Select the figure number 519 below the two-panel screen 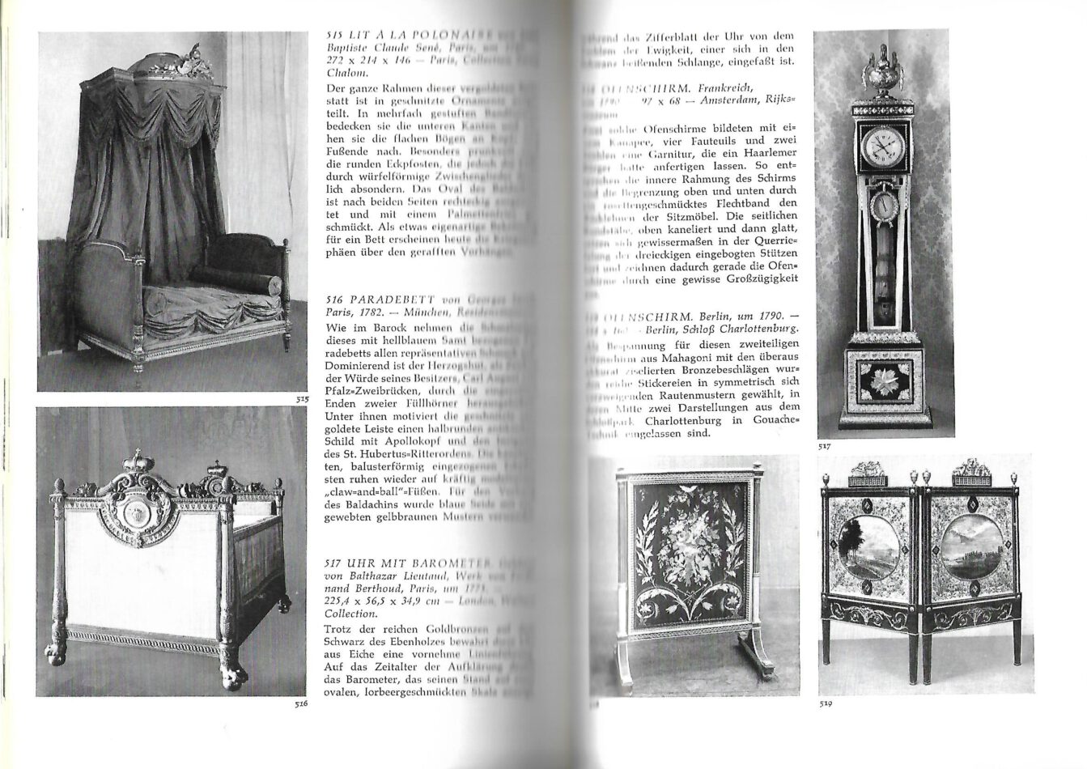click(826, 703)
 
